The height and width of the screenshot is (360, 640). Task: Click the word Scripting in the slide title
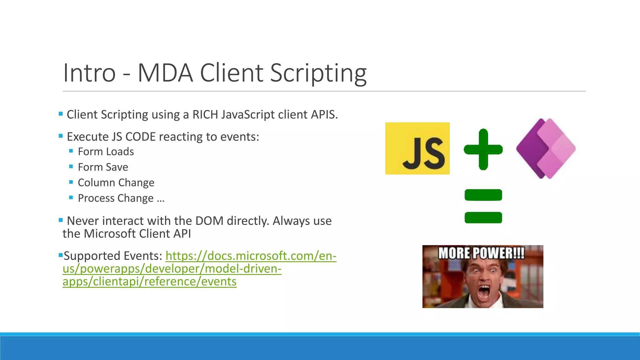[x=318, y=73]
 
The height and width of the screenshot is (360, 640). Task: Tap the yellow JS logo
[x=417, y=148]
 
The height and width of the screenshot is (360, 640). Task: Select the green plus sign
[x=483, y=149]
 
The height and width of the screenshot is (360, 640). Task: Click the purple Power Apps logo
[x=546, y=148]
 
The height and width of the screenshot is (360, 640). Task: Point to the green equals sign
[x=483, y=206]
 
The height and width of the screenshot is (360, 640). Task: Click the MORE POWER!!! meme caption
[x=481, y=253]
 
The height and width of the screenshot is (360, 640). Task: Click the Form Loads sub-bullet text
[x=106, y=152]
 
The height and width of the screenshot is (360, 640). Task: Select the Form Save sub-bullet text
[x=103, y=167]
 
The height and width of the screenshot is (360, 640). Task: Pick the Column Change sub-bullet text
[x=116, y=182]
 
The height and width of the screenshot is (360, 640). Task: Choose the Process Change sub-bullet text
[x=121, y=198]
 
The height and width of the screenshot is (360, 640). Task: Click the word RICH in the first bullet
[x=205, y=115]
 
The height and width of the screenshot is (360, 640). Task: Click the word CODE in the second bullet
[x=140, y=137]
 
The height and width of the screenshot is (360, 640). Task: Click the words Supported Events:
[x=113, y=256]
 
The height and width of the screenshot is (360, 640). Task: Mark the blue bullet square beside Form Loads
[x=71, y=151]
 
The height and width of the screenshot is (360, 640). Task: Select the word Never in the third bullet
[x=83, y=221]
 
